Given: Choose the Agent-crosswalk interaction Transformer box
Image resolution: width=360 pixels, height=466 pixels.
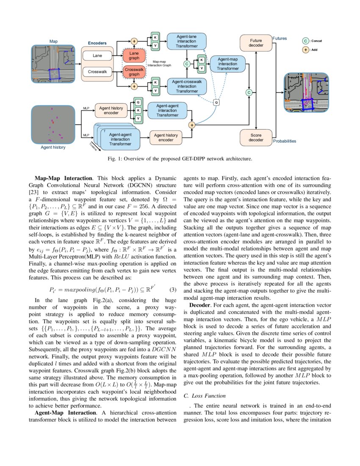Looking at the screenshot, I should pyautogui.click(x=187, y=86).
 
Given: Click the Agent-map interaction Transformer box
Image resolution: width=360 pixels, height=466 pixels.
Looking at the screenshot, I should pyautogui.click(x=227, y=64).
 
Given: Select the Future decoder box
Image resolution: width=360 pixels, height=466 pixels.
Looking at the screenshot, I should pyautogui.click(x=256, y=42).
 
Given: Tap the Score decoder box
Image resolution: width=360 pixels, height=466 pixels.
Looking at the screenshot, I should pyautogui.click(x=256, y=137).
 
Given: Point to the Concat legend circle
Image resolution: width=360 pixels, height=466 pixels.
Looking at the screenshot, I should pyautogui.click(x=305, y=41).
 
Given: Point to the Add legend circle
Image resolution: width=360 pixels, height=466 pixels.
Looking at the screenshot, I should pyautogui.click(x=305, y=50).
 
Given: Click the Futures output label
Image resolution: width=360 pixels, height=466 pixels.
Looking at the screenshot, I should pyautogui.click(x=280, y=39).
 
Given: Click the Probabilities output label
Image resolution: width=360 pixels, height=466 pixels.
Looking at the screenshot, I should pyautogui.click(x=285, y=141).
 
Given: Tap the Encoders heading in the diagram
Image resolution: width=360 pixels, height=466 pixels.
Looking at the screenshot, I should pyautogui.click(x=97, y=43).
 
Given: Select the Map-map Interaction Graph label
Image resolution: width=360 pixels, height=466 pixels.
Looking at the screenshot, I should pyautogui.click(x=162, y=64).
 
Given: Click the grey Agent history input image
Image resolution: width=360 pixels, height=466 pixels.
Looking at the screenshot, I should pyautogui.click(x=53, y=125).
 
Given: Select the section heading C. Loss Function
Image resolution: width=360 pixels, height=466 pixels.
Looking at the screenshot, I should pyautogui.click(x=205, y=396).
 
